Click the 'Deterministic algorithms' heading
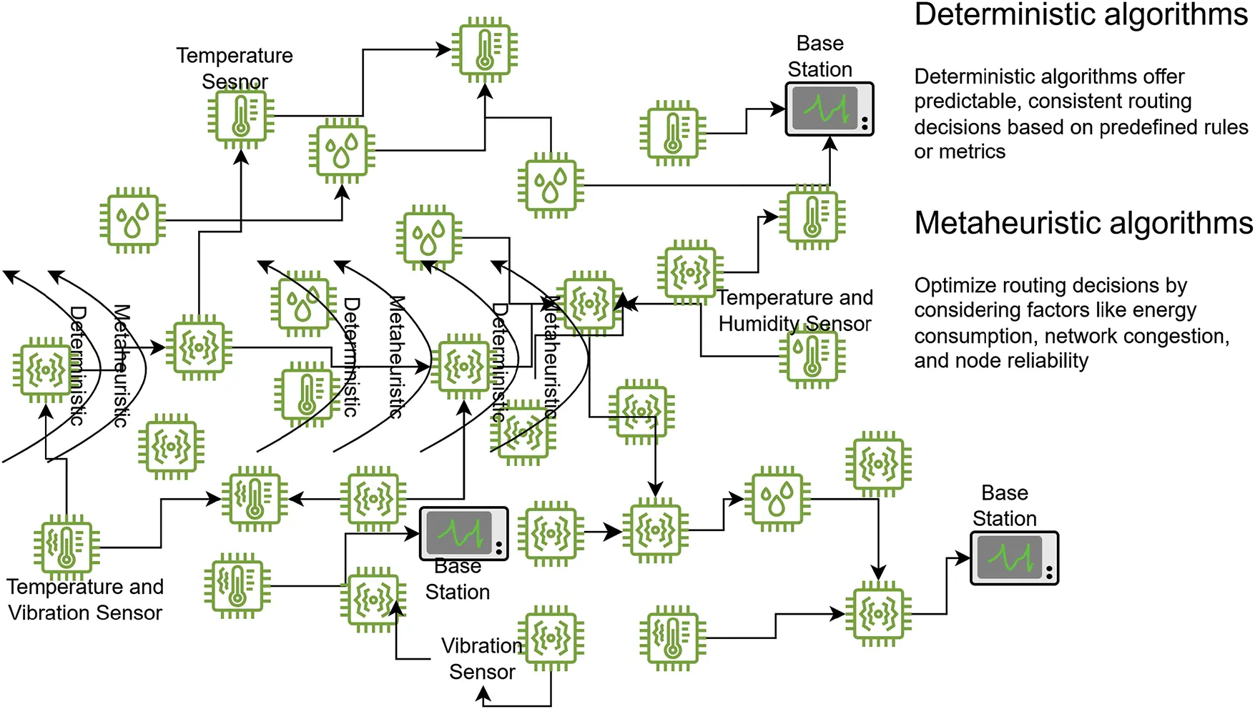coord(1081,16)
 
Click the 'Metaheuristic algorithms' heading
coord(1083,223)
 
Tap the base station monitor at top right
coord(829,109)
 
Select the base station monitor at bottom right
coord(1013,558)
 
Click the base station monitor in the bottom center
coord(463,533)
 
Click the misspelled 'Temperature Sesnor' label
coord(235,69)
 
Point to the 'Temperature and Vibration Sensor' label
coord(85,600)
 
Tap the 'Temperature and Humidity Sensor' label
coord(794,310)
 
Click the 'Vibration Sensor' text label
coord(481,658)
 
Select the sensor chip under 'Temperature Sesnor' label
coord(241,115)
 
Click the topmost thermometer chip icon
coord(486,50)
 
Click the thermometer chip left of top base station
coord(672,133)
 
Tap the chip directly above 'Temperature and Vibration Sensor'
coord(66,547)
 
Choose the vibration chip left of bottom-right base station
coord(878,613)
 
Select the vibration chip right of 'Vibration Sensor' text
coord(551,638)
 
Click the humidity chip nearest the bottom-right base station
coord(777,499)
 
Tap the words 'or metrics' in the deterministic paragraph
coord(959,152)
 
